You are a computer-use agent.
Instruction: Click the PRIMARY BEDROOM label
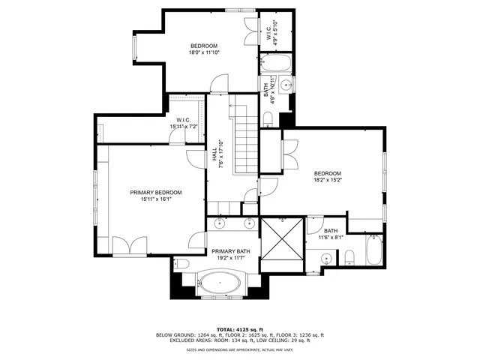(156, 193)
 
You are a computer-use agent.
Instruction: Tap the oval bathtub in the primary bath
(220, 285)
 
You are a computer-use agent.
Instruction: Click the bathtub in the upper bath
(275, 62)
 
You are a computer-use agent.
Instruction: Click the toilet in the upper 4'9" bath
(268, 117)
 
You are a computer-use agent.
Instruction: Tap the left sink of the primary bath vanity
(220, 223)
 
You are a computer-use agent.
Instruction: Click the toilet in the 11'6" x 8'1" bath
(349, 259)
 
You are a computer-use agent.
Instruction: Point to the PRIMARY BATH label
(230, 251)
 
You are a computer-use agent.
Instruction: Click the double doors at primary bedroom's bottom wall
(130, 246)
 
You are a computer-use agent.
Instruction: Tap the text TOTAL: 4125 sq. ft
(239, 329)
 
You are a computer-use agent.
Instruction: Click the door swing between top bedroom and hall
(218, 84)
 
